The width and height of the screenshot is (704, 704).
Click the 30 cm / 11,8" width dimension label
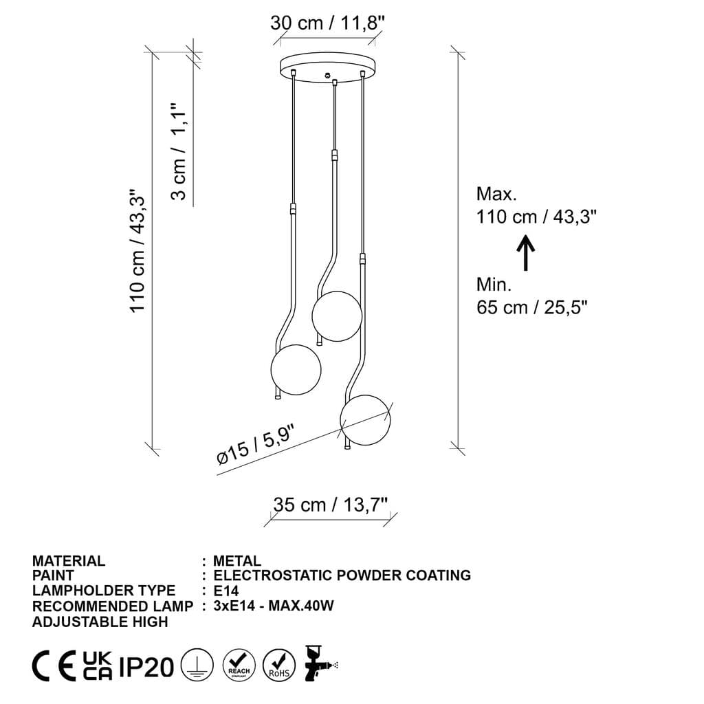[x=327, y=23]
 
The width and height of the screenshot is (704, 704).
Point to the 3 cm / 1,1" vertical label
[x=179, y=152]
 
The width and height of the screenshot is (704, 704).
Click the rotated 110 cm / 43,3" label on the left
[x=138, y=252]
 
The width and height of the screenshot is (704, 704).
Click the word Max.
[x=496, y=194]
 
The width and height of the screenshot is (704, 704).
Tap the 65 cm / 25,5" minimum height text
[x=533, y=307]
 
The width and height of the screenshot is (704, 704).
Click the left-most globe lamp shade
[x=296, y=370]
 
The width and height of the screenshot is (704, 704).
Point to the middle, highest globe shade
[x=336, y=316]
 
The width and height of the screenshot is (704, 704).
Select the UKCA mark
[x=97, y=665]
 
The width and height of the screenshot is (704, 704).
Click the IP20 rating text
[x=146, y=666]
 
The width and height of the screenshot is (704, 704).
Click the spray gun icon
[x=320, y=663]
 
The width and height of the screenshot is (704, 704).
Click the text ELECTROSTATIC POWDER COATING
[x=342, y=575]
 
